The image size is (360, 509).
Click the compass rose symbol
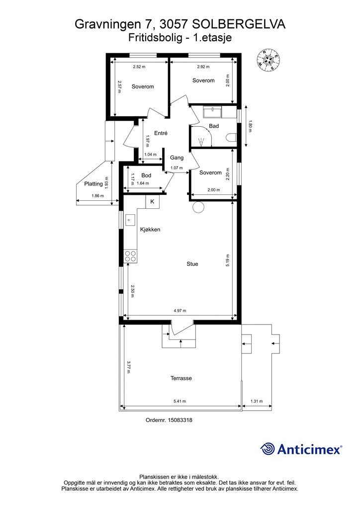point(268,60)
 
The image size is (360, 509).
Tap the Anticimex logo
point(301,449)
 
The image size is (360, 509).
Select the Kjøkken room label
point(150,230)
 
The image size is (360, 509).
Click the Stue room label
point(192,264)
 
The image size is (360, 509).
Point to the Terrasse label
point(181,378)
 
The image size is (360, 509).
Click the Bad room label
point(214,126)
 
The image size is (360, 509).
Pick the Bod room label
point(146,175)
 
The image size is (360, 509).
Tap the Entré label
point(161,133)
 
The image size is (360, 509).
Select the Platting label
point(93,184)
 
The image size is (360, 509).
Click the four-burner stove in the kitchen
point(130,256)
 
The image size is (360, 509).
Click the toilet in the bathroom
point(231,138)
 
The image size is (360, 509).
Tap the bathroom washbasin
point(213,113)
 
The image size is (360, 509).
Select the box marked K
point(152,202)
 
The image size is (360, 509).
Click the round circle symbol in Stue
point(198,207)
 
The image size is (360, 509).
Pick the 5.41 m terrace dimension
point(180,401)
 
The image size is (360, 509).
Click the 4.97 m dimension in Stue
point(180,311)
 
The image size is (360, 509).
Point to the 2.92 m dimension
point(203,67)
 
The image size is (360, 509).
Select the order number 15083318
point(180,420)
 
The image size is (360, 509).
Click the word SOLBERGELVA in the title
point(239,24)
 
